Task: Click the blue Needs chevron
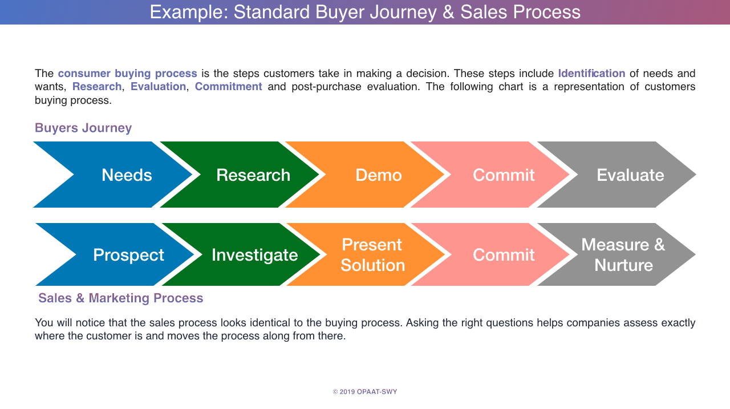(127, 175)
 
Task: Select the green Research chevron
(253, 175)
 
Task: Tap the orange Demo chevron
(379, 175)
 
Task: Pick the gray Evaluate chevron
(630, 175)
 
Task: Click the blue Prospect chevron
(128, 254)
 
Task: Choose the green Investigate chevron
(254, 254)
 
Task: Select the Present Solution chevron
(373, 254)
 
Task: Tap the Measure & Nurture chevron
(623, 254)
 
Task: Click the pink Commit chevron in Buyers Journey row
(504, 175)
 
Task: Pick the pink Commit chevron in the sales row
(504, 254)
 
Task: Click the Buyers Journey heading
(83, 128)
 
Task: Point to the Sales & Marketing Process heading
(121, 298)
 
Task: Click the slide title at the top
(365, 12)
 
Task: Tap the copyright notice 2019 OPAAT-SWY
(365, 392)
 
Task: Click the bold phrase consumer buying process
(127, 73)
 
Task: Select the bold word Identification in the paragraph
(591, 73)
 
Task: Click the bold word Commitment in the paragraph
(228, 87)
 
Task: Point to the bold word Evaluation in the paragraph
(158, 87)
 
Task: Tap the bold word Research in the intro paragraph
(97, 87)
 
